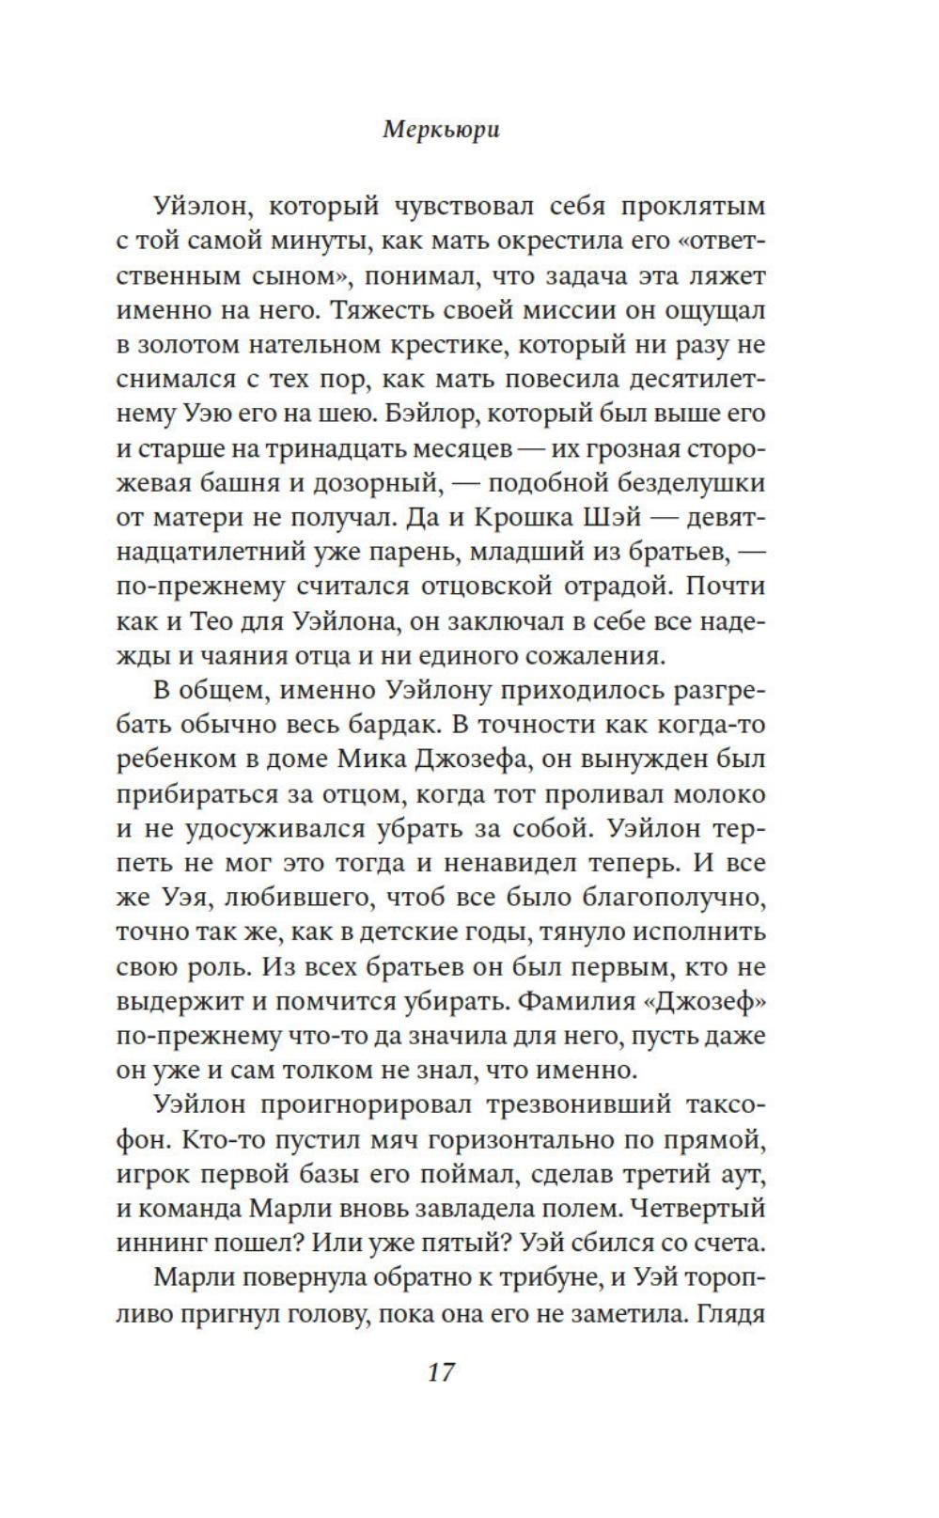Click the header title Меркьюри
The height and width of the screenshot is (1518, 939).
tap(441, 131)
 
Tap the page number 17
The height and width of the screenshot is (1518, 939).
tap(441, 1371)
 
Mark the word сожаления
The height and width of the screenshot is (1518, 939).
tap(606, 655)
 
